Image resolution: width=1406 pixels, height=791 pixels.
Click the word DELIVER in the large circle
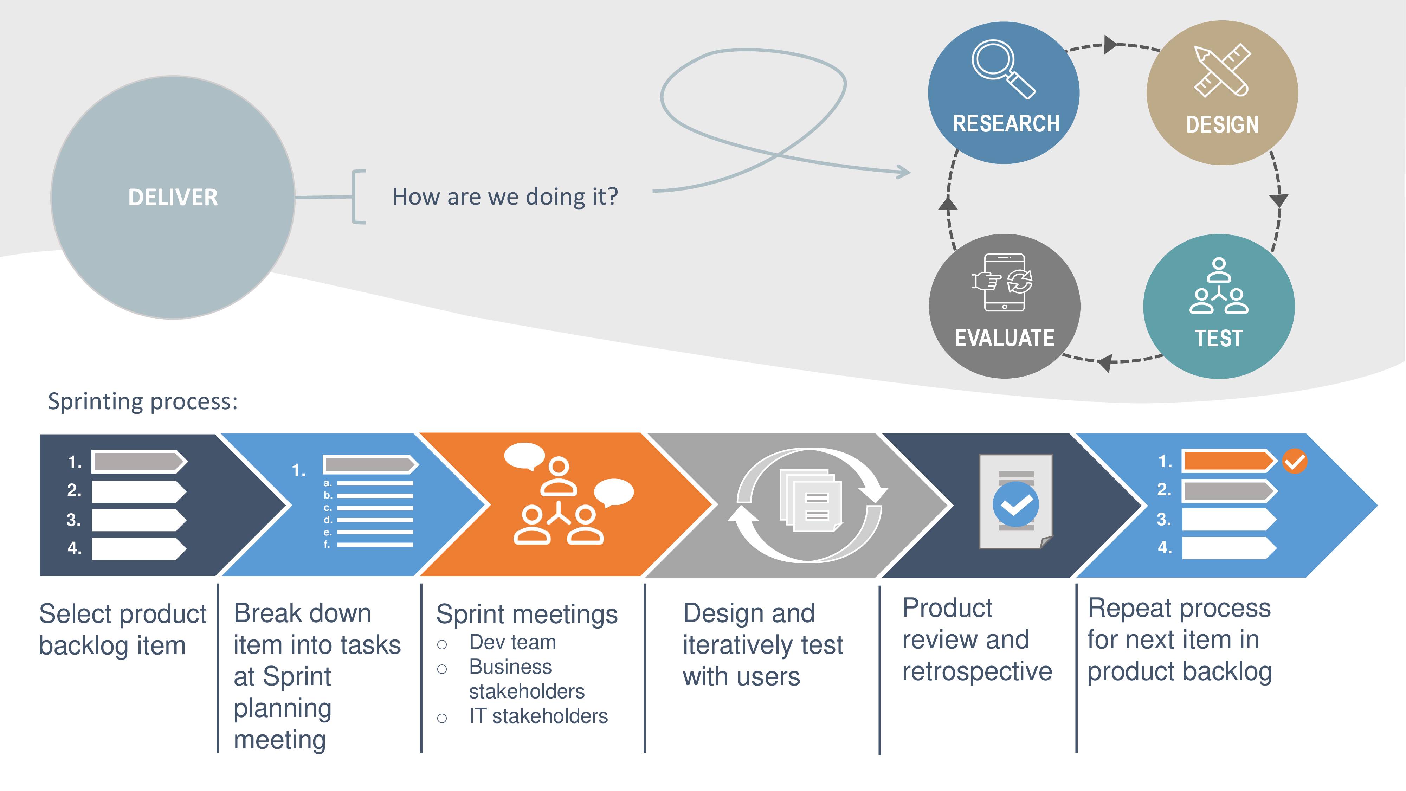tap(173, 197)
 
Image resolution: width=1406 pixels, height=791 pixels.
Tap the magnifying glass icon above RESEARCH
tap(1003, 69)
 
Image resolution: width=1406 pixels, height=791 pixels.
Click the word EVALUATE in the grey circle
tap(1004, 338)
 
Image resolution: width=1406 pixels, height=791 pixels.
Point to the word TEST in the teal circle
tap(1219, 339)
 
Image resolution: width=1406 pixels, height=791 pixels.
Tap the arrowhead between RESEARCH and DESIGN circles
tap(1111, 44)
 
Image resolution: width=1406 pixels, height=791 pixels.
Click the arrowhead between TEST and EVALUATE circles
tap(1105, 362)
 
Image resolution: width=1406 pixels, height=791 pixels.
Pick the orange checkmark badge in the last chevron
tap(1295, 462)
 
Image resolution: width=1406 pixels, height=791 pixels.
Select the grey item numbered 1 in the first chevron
tap(139, 462)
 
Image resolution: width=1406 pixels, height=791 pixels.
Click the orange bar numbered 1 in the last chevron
tap(1228, 461)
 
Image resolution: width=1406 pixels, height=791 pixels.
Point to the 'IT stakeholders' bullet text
tap(538, 716)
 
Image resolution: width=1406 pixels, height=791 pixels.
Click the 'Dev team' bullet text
tap(512, 643)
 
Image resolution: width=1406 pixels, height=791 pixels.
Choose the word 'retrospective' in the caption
tap(977, 672)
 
